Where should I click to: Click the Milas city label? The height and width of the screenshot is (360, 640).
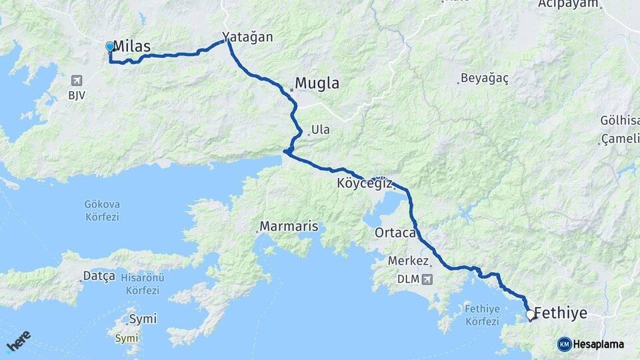[132, 46]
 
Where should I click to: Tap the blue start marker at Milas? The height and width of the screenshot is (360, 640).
[110, 47]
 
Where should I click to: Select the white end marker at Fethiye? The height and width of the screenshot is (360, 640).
[531, 314]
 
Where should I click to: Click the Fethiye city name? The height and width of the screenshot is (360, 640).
[561, 313]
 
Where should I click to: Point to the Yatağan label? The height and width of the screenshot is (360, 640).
[248, 37]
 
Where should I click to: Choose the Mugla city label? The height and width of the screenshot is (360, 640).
[317, 83]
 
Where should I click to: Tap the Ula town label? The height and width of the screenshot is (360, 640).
[320, 129]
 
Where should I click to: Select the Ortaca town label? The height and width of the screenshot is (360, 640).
[395, 233]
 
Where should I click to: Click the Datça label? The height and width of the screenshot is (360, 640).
[99, 275]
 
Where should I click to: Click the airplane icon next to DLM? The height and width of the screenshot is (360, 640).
[427, 278]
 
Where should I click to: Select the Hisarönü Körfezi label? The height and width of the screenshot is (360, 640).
[140, 284]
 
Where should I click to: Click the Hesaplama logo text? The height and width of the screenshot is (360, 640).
[598, 344]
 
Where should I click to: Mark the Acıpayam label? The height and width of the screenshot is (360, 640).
[569, 4]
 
